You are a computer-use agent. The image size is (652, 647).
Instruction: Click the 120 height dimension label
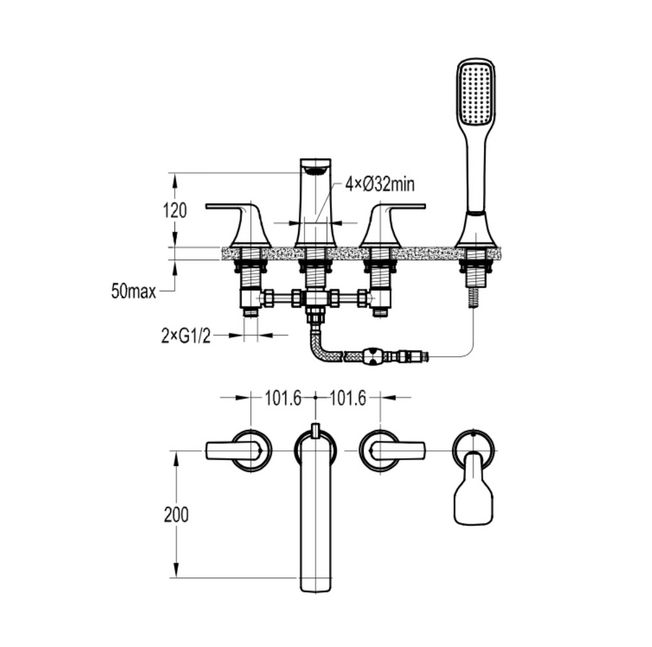click(x=175, y=210)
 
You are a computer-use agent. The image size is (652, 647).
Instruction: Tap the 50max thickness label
click(x=134, y=291)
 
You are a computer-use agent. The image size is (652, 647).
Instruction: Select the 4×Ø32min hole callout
click(x=379, y=184)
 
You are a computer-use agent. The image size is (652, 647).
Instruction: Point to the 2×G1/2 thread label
click(x=186, y=336)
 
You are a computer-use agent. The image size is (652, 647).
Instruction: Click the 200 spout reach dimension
click(x=176, y=515)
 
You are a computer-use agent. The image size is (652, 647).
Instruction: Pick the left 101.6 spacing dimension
click(x=283, y=399)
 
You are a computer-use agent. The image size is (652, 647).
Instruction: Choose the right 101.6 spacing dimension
click(x=348, y=399)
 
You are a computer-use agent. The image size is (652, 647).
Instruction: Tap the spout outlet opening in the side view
click(x=316, y=169)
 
